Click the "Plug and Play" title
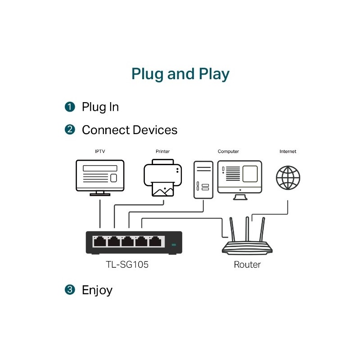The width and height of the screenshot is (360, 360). [180, 74]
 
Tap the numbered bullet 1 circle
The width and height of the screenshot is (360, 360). [70, 107]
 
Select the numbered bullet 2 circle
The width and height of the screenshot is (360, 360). [70, 130]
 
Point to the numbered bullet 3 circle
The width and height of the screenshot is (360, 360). [70, 290]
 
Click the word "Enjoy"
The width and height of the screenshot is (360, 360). [97, 290]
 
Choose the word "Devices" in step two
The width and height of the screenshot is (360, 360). [154, 130]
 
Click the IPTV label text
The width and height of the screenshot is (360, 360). [99, 152]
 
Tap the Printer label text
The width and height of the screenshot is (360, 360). [162, 152]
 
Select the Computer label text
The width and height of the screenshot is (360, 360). [228, 152]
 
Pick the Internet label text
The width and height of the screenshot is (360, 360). [288, 152]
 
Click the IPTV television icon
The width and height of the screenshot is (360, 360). [99, 177]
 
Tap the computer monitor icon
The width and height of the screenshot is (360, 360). [239, 178]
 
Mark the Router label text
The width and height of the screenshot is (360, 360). [247, 265]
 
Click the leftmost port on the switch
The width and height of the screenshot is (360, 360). [99, 242]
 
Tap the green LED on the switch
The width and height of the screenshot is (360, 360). [174, 245]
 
